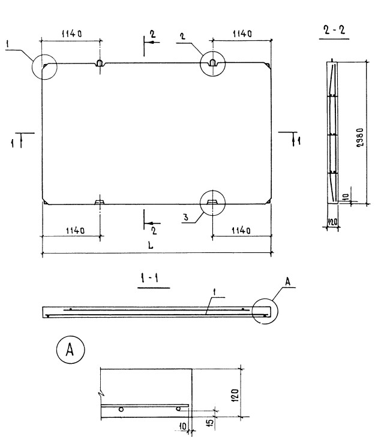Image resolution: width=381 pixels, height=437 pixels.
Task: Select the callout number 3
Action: [x=187, y=219]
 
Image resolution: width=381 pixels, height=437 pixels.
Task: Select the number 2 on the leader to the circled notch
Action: [x=182, y=36]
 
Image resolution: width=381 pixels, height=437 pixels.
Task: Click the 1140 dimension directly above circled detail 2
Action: [x=241, y=34]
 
